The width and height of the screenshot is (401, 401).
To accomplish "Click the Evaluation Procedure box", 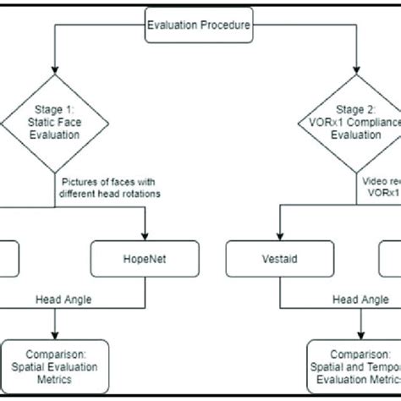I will (199, 25).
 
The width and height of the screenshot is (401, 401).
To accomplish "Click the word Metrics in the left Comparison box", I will (55, 380).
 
